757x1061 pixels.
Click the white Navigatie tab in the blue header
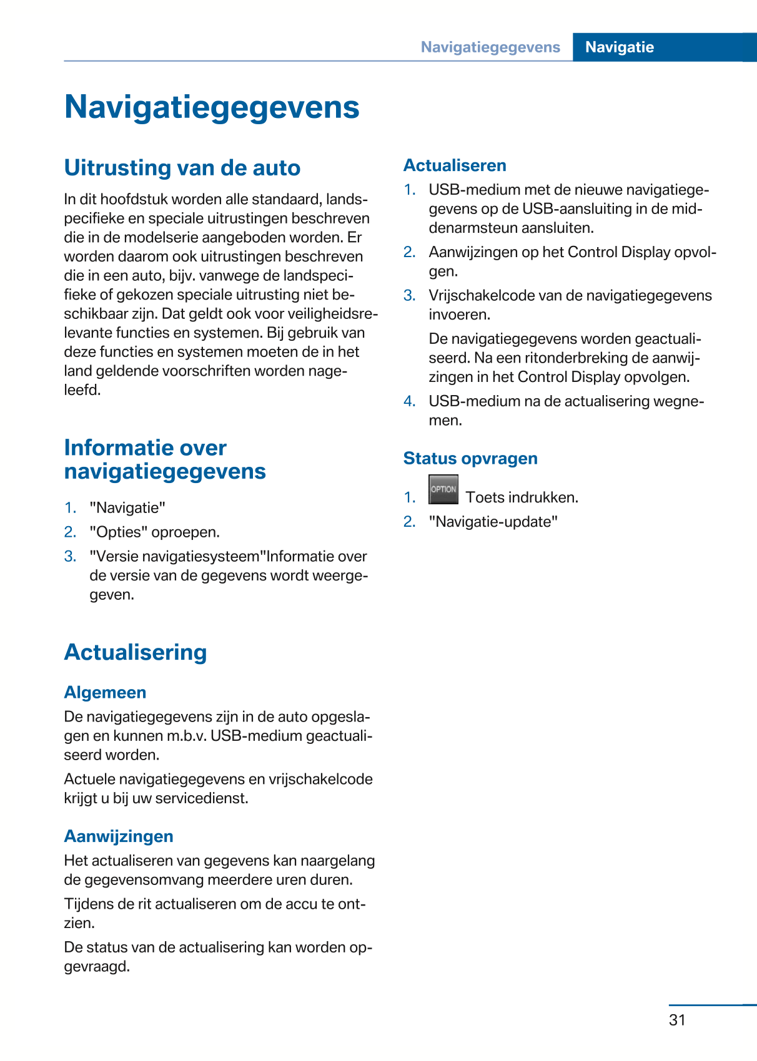619,47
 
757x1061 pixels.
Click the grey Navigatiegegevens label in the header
490,47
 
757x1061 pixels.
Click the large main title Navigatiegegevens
212,107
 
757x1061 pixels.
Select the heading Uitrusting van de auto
182,168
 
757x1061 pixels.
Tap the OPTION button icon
443,489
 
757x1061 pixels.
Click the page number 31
677,1020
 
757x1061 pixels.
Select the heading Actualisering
136,652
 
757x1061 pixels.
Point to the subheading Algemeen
105,692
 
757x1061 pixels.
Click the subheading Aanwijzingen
119,836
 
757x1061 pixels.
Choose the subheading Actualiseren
455,165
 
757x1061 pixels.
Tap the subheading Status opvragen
470,458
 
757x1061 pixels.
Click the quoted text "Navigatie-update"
493,522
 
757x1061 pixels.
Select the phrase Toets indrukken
522,497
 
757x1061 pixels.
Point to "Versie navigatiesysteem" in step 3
177,556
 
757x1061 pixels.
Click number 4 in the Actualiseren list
409,401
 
